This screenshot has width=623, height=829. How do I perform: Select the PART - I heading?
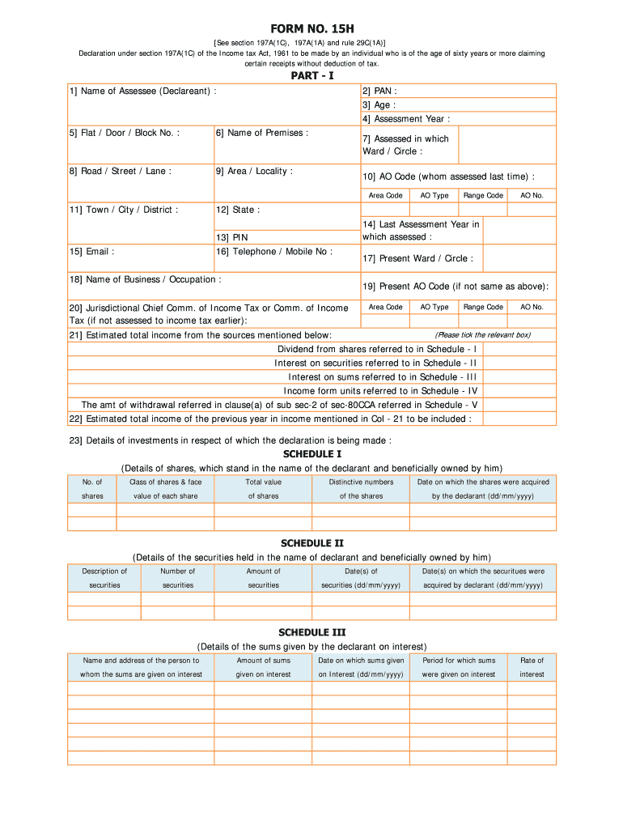pyautogui.click(x=311, y=75)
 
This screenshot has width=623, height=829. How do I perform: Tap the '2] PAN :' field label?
pyautogui.click(x=379, y=91)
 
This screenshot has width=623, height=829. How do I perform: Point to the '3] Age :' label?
pyautogui.click(x=379, y=104)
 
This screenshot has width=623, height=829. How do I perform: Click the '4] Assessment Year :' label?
pyautogui.click(x=406, y=118)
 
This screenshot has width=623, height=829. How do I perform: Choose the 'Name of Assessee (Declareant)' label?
pyautogui.click(x=143, y=91)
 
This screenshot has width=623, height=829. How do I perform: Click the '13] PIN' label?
pyautogui.click(x=231, y=237)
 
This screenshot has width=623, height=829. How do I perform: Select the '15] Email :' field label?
pyautogui.click(x=91, y=251)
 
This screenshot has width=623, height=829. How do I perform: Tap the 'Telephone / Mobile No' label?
pyautogui.click(x=273, y=251)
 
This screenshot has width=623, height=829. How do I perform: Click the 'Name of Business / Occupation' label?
pyautogui.click(x=146, y=279)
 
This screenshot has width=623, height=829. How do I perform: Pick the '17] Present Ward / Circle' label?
pyautogui.click(x=417, y=258)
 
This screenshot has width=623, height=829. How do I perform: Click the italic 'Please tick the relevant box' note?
pyautogui.click(x=482, y=334)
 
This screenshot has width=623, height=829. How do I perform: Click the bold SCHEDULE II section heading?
pyautogui.click(x=311, y=543)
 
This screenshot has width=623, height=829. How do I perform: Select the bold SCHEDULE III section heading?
pyautogui.click(x=311, y=632)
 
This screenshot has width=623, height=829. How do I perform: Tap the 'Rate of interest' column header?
pyautogui.click(x=532, y=667)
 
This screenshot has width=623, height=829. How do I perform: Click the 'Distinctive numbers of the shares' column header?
pyautogui.click(x=361, y=489)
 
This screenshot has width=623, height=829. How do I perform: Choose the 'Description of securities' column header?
pyautogui.click(x=104, y=578)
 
